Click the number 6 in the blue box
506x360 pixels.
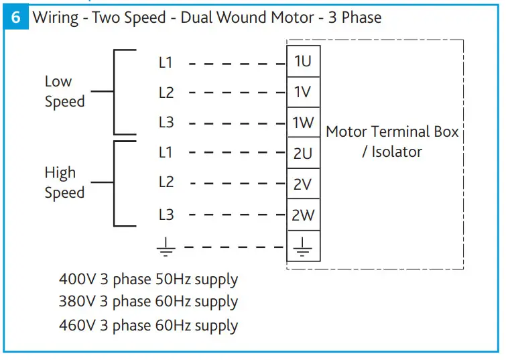(16, 17)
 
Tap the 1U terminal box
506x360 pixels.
(304, 61)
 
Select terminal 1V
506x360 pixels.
(304, 92)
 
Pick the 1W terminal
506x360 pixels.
(304, 123)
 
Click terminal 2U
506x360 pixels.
(304, 153)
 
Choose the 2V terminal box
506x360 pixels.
(304, 184)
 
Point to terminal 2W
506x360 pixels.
(304, 215)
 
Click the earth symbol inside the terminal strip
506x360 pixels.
(303, 247)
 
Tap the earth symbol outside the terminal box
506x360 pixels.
(166, 247)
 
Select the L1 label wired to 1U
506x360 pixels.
(166, 62)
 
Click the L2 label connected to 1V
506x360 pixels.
(166, 93)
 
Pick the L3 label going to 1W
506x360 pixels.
(166, 123)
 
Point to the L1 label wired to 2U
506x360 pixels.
(166, 152)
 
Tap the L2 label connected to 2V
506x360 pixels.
(166, 182)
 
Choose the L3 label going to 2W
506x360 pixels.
(166, 215)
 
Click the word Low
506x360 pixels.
(58, 81)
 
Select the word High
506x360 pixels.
(60, 173)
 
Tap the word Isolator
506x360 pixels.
(397, 152)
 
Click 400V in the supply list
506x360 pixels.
(78, 280)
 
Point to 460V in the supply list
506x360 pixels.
(78, 325)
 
